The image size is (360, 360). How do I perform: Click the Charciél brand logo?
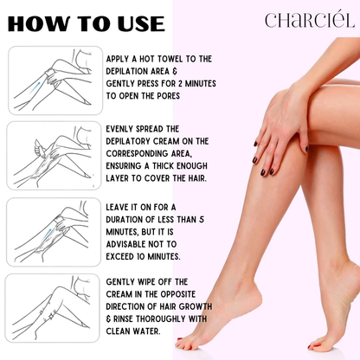click(x=307, y=20)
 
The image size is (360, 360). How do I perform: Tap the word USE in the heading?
click(x=135, y=23)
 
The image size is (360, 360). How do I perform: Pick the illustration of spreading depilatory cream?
click(x=53, y=154)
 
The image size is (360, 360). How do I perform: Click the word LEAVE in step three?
click(x=121, y=209)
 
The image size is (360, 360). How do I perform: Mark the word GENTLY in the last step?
click(x=124, y=282)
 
